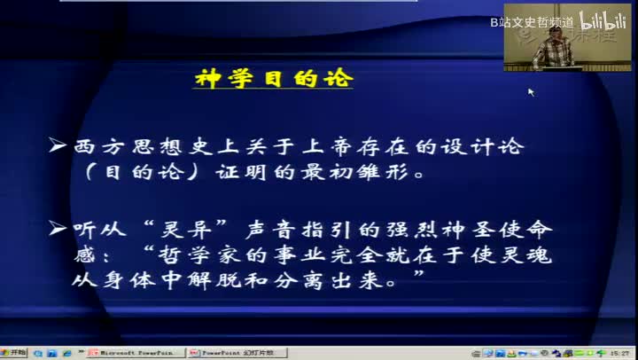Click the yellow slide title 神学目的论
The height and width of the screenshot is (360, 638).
(x=273, y=80)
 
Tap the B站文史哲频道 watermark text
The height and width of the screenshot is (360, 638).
(x=532, y=20)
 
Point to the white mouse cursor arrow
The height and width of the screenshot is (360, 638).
(x=531, y=90)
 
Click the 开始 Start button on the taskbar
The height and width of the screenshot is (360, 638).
(x=13, y=353)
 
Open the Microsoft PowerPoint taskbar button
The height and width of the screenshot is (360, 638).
(x=136, y=353)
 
